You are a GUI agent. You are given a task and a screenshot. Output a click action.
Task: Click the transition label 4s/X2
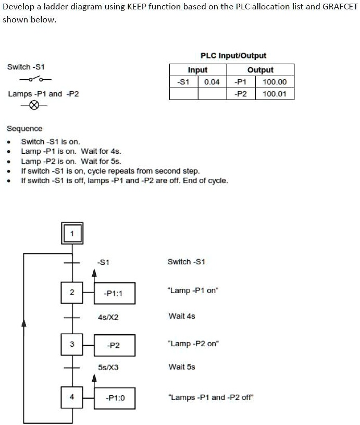[x=108, y=317]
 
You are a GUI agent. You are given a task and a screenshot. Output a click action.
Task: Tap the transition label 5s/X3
[x=108, y=367]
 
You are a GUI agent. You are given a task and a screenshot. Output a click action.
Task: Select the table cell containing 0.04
[x=212, y=82]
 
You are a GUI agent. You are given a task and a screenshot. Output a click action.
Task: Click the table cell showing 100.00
[x=275, y=82]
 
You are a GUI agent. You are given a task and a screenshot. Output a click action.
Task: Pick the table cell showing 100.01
[x=275, y=94]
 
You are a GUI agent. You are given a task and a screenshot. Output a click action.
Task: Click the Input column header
[x=198, y=70]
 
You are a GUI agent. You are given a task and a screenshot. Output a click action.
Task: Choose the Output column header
[x=260, y=70]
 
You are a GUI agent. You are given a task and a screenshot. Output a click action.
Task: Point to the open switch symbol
[x=35, y=79]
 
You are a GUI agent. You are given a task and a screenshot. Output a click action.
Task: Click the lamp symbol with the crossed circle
[x=34, y=105]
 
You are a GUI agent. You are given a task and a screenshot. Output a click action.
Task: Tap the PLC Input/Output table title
[x=233, y=56]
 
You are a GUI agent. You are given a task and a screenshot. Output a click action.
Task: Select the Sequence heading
[x=24, y=128]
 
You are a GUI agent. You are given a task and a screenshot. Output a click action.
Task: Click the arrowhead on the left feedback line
[x=24, y=323]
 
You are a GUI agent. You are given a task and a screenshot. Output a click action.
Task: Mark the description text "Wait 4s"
[x=182, y=316]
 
